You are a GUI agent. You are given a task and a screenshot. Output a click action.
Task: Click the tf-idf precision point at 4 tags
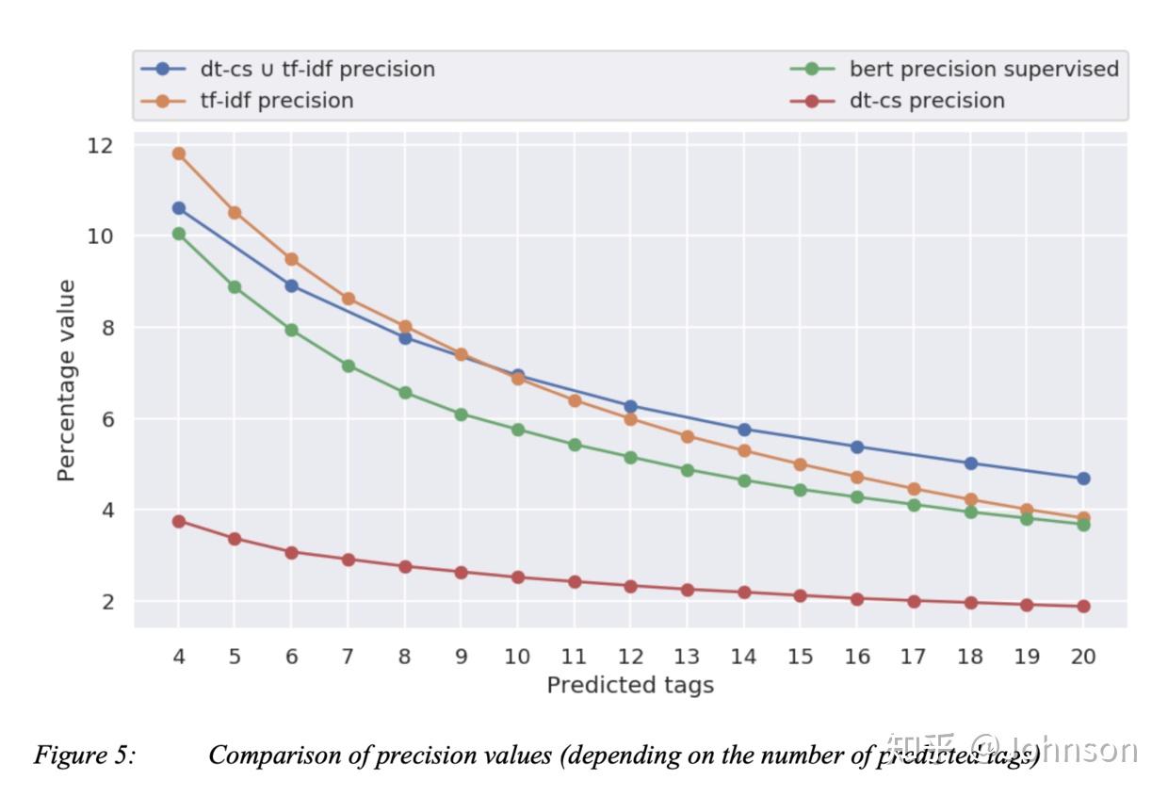[178, 154]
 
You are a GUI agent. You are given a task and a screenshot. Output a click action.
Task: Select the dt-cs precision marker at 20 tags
[1083, 606]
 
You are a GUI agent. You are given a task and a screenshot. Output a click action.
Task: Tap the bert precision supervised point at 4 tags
[178, 234]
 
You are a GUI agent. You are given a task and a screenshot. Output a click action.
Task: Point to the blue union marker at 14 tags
[744, 430]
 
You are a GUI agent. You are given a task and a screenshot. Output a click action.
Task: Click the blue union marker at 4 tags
[178, 208]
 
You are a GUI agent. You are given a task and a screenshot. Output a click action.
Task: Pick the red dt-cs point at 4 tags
[178, 521]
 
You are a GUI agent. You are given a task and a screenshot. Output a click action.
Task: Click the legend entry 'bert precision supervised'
[983, 69]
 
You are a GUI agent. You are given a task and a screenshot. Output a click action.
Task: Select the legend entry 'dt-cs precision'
[927, 100]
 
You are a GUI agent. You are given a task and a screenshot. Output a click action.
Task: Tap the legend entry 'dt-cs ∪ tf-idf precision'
[317, 69]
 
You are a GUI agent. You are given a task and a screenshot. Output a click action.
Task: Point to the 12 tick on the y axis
[100, 146]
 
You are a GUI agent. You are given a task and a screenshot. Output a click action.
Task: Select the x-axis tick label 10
[517, 657]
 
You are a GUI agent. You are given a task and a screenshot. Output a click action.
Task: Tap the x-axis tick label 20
[1083, 657]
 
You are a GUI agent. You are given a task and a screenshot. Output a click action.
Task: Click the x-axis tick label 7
[348, 657]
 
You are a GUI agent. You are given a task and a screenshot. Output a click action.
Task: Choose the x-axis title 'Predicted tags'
[630, 686]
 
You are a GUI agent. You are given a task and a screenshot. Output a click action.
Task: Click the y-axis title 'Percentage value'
[65, 381]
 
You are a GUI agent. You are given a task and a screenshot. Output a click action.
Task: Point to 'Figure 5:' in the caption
[84, 755]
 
